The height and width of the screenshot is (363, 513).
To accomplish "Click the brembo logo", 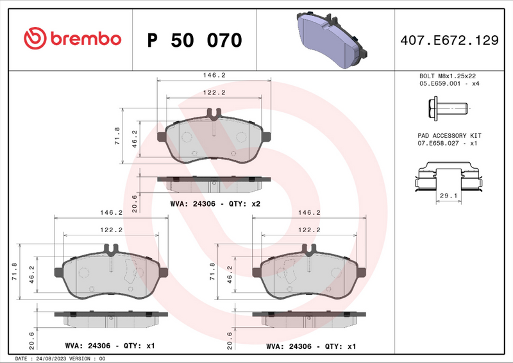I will (x=72, y=39).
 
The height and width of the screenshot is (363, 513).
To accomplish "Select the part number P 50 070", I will (x=194, y=40).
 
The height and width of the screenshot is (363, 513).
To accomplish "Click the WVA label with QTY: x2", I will (x=215, y=203).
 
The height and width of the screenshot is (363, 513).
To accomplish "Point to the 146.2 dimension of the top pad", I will (x=214, y=75).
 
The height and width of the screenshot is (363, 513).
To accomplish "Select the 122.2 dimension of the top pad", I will (x=214, y=92).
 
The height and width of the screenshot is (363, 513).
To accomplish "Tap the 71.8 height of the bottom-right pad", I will (x=213, y=271).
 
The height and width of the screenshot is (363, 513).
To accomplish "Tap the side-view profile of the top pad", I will (x=214, y=183).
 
